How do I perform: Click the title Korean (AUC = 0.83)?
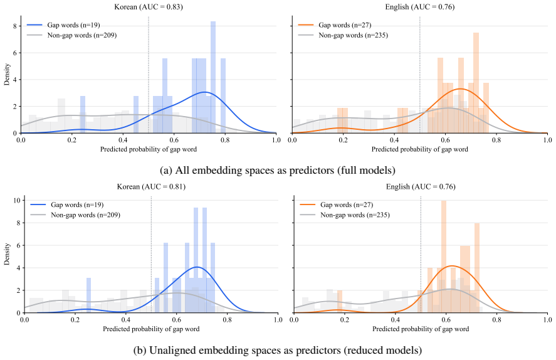[x=149, y=7]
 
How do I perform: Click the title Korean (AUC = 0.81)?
[x=152, y=186]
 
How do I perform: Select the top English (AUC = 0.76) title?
[x=420, y=7]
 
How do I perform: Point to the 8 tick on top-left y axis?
[x=15, y=26]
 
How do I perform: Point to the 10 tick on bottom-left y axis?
[x=17, y=201]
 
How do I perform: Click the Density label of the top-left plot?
[x=7, y=75]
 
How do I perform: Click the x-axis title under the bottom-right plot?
[x=421, y=329]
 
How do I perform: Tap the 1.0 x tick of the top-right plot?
[x=547, y=140]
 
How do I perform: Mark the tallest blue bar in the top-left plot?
[x=213, y=77]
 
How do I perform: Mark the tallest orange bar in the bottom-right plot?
[x=444, y=257]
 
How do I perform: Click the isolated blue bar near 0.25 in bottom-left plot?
[x=88, y=295]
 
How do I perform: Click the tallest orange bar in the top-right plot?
[x=476, y=83]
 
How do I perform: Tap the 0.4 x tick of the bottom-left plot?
[x=126, y=320]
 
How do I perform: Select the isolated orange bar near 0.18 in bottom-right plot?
[x=340, y=302]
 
